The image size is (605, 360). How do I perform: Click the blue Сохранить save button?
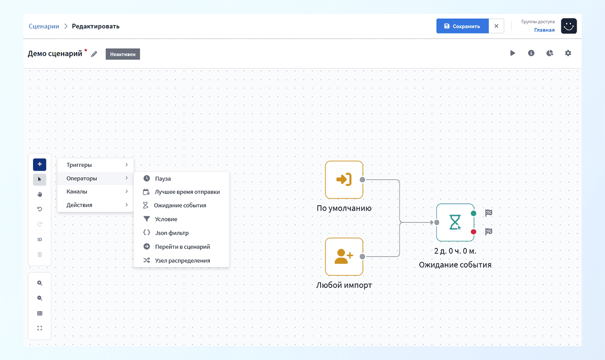tap(463, 26)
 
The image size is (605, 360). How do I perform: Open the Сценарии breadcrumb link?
tap(44, 26)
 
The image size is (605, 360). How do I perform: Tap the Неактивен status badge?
tap(122, 54)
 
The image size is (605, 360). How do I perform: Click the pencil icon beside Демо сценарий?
tap(94, 54)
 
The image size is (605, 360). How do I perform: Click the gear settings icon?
tap(568, 53)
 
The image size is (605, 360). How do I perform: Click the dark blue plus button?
tap(40, 164)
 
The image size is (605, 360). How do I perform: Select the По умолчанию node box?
tap(344, 180)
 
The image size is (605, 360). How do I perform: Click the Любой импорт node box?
tap(344, 257)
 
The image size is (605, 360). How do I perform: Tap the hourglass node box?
tap(455, 222)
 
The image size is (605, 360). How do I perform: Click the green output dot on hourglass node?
tap(473, 213)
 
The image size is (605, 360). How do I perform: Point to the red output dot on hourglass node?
tap(473, 232)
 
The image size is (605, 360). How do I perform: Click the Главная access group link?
tap(544, 30)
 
